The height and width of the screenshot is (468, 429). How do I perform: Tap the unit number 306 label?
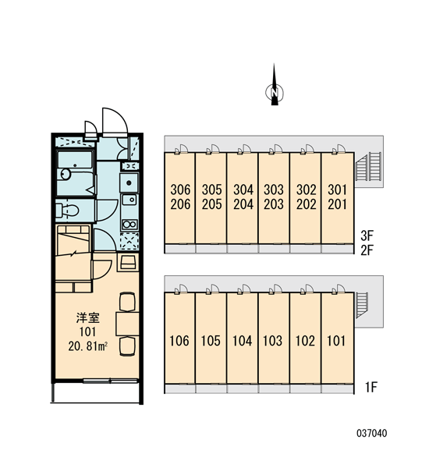pyautogui.click(x=180, y=190)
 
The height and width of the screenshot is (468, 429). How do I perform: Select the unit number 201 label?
pyautogui.click(x=337, y=204)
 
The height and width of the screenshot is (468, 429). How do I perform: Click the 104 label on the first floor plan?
pyautogui.click(x=242, y=341)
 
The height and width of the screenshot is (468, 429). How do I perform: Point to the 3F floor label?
pyautogui.click(x=367, y=236)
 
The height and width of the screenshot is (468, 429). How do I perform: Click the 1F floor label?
pyautogui.click(x=371, y=388)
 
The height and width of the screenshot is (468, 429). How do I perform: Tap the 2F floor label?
pyautogui.click(x=367, y=250)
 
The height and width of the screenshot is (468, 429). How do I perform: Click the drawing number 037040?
pyautogui.click(x=372, y=433)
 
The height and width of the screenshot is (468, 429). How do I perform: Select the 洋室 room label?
pyautogui.click(x=88, y=318)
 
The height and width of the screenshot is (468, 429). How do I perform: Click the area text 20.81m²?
pyautogui.click(x=88, y=346)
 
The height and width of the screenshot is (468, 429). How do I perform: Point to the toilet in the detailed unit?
pyautogui.click(x=67, y=210)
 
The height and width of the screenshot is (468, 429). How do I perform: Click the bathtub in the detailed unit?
pyautogui.click(x=76, y=174)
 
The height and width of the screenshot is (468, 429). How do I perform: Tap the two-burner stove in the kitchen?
pyautogui.click(x=129, y=225)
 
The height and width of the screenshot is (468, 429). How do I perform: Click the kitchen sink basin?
pyautogui.click(x=129, y=200)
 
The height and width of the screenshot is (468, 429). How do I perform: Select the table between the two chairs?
pyautogui.click(x=127, y=324)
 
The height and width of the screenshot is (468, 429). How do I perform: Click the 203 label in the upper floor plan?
pyautogui.click(x=274, y=204)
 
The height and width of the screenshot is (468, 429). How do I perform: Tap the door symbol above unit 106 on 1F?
pyautogui.click(x=181, y=290)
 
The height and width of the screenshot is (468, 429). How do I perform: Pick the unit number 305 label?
pyautogui.click(x=212, y=190)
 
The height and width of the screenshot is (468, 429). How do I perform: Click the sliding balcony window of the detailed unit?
pyautogui.click(x=110, y=381)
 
